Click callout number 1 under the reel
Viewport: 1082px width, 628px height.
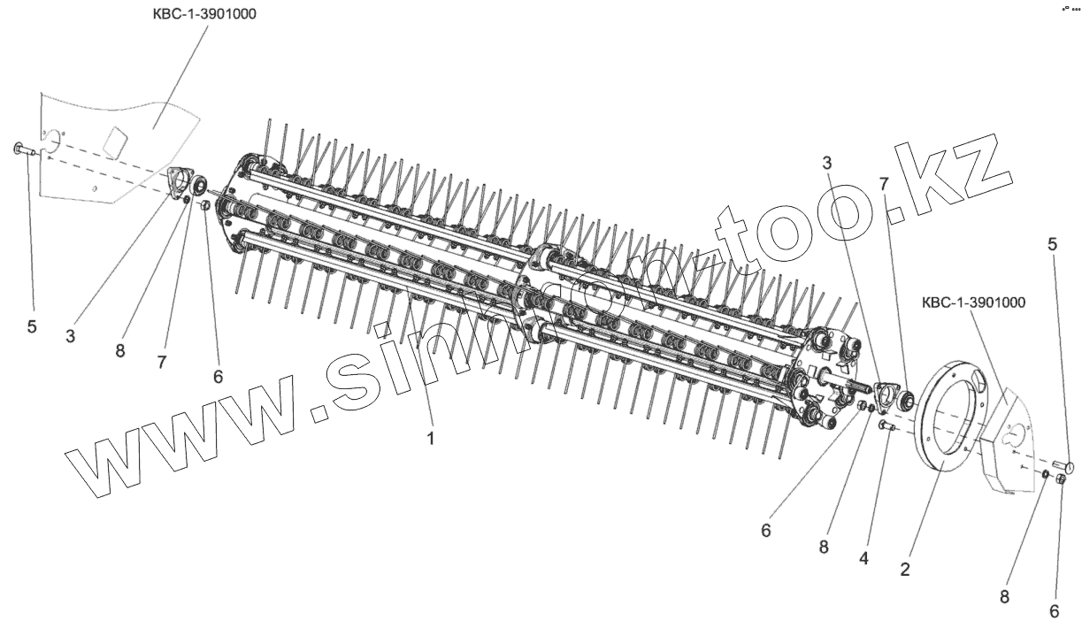point(431,437)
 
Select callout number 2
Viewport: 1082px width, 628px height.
point(904,570)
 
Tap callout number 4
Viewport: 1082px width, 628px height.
point(863,559)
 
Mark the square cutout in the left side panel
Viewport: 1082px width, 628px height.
point(115,140)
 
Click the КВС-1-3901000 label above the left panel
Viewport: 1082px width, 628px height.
point(205,15)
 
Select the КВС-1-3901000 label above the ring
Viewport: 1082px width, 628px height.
point(973,303)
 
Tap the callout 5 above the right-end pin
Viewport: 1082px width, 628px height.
point(1052,245)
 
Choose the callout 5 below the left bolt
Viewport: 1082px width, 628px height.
point(32,326)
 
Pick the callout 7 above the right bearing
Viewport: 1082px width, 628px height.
point(883,183)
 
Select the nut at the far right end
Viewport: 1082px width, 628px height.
point(1061,481)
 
